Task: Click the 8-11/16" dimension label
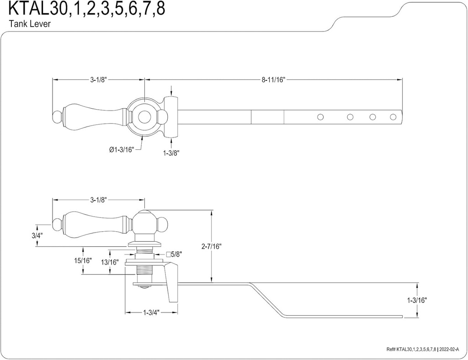273,79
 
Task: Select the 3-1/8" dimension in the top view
98,79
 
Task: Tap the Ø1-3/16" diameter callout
122,149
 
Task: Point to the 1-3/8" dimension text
171,153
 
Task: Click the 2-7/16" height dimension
211,246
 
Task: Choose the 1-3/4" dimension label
151,313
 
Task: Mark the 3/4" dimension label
37,236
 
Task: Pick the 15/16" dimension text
83,261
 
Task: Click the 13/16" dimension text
110,262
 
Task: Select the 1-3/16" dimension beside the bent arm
417,300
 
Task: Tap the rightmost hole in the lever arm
393,117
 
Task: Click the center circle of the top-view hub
145,117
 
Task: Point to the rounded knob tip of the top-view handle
57,117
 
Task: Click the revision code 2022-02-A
450,349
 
